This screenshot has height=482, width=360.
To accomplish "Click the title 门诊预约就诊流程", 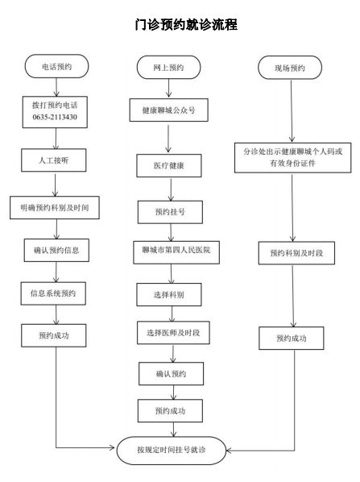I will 186,25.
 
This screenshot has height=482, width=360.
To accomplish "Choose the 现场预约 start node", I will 285,67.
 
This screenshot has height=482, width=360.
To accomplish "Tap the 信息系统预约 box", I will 52,291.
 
